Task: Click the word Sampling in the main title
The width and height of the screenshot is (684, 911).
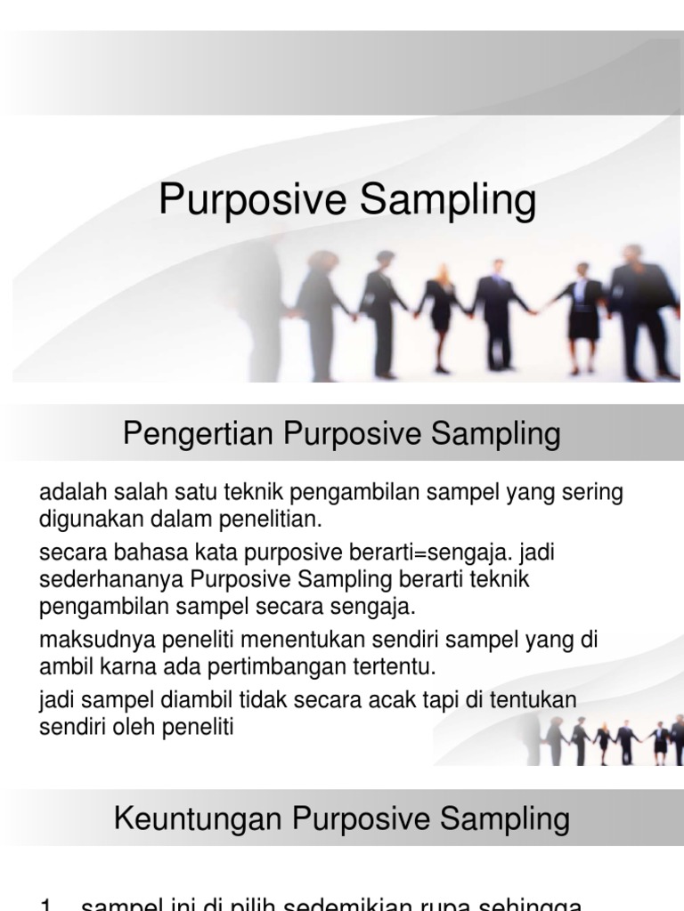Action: pos(449,202)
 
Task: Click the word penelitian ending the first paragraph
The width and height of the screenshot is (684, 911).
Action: pos(277,517)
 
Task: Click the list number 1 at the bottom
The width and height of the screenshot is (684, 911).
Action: pos(46,904)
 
